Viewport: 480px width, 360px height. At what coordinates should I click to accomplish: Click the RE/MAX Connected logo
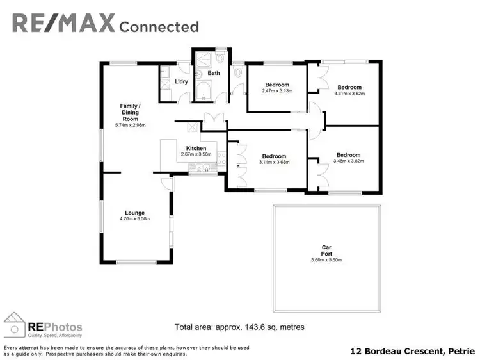pyautogui.click(x=106, y=24)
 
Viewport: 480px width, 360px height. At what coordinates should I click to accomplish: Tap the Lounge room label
pyautogui.click(x=135, y=213)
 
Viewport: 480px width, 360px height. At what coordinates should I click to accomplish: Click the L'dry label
pyautogui.click(x=181, y=82)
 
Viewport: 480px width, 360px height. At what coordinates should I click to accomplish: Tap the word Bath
pyautogui.click(x=213, y=73)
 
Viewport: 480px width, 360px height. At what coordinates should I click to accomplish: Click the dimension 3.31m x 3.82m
pyautogui.click(x=349, y=94)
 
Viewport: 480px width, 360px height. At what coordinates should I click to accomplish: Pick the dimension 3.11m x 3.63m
pyautogui.click(x=273, y=162)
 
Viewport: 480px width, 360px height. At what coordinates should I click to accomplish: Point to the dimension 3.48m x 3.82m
pyautogui.click(x=348, y=161)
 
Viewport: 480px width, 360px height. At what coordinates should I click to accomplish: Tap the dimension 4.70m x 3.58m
pyautogui.click(x=134, y=219)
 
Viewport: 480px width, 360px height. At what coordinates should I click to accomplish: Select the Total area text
pyautogui.click(x=239, y=327)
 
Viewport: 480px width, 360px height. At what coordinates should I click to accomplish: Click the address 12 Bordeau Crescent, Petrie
pyautogui.click(x=413, y=351)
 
